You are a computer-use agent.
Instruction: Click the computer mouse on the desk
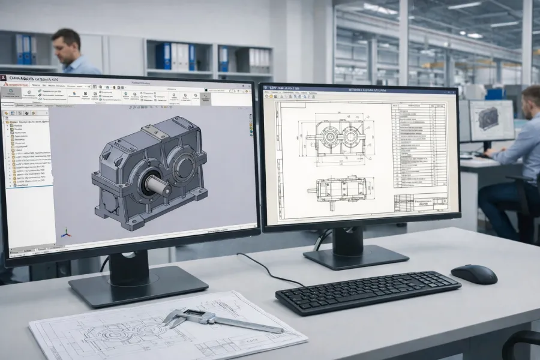point(474,274)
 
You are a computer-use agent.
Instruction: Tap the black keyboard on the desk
point(368,292)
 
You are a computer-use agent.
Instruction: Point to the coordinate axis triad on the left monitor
point(65,233)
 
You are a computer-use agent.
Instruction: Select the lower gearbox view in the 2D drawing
point(340,190)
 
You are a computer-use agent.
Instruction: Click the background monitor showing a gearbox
point(491,119)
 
